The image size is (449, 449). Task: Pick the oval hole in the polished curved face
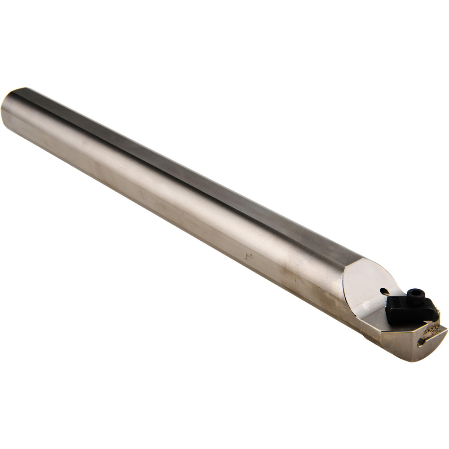[x=384, y=291]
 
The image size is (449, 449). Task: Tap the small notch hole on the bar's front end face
[x=421, y=343]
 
